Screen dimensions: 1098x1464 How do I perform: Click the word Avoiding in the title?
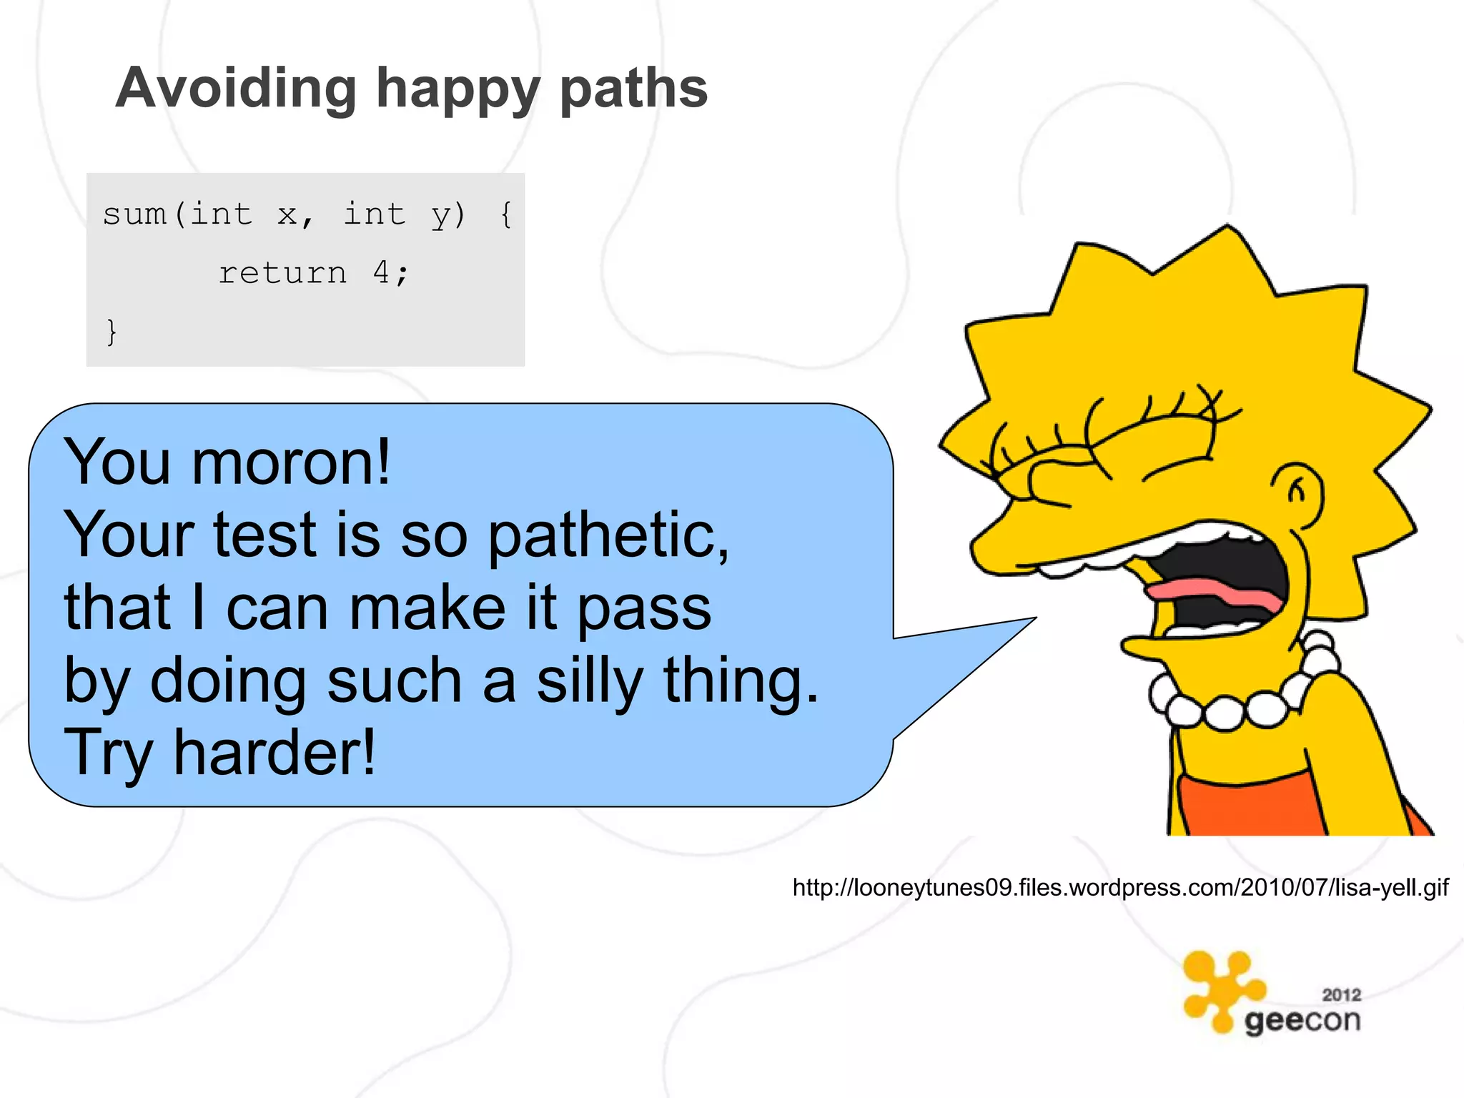pos(236,89)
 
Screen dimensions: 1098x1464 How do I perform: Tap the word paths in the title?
pos(633,89)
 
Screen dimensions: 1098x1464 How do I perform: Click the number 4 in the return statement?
pos(382,272)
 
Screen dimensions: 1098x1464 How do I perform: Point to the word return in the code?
pos(282,273)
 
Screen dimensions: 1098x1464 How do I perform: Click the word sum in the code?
pos(134,214)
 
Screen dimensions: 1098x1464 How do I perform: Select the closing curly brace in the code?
pos(112,332)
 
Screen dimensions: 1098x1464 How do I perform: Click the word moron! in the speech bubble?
pos(291,463)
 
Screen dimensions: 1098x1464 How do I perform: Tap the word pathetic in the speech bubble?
pos(608,535)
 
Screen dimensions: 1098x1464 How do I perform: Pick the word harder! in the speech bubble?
pos(274,751)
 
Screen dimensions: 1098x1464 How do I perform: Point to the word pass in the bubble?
pos(643,608)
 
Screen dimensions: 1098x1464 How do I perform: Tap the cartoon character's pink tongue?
pos(1215,591)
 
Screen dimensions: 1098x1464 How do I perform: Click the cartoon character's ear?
pos(1297,493)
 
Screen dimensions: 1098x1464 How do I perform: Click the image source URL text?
pos(1120,887)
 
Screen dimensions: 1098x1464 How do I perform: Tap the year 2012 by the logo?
pos(1341,994)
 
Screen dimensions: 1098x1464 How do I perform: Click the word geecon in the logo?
pos(1302,1021)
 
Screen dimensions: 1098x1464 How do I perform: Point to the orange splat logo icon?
pos(1220,990)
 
